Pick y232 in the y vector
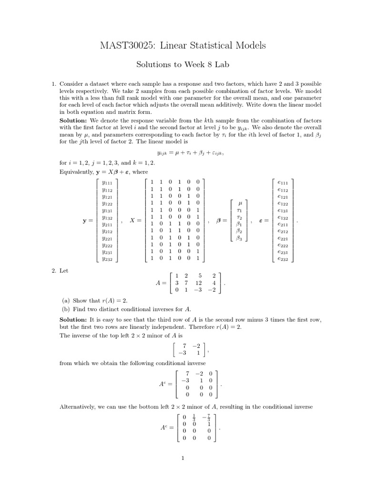(107, 259)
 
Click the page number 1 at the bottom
(183, 459)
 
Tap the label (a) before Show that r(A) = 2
(66, 301)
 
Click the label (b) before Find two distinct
(66, 309)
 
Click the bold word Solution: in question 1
(74, 121)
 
